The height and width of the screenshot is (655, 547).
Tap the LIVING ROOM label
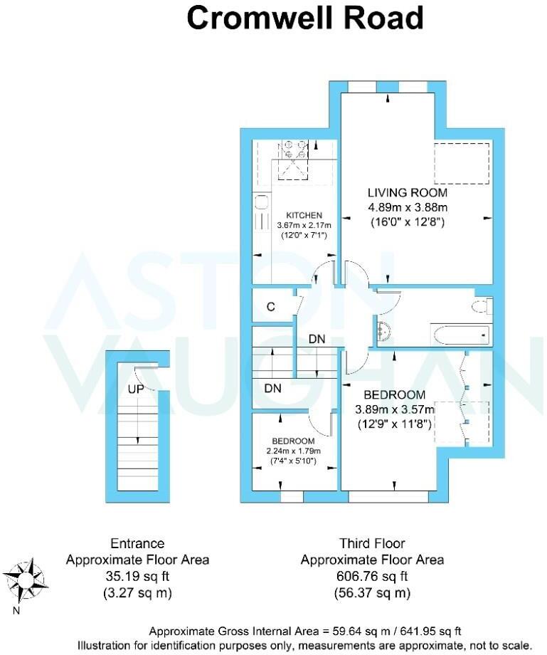(x=407, y=192)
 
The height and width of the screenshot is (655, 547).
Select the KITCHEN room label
(x=304, y=215)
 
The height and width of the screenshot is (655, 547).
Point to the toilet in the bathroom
(x=482, y=305)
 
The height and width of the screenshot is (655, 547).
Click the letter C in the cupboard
(x=270, y=307)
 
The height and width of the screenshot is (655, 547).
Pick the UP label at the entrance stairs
(x=137, y=389)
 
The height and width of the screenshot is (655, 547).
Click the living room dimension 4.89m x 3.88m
(x=407, y=207)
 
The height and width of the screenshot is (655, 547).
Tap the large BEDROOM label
(x=394, y=394)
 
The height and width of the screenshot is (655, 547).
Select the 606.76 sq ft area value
(x=372, y=576)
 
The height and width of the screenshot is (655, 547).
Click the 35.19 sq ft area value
(x=137, y=576)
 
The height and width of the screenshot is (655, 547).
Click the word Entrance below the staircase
(x=137, y=543)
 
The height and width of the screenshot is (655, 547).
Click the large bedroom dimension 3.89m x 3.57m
(x=395, y=409)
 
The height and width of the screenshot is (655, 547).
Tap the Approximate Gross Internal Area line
(x=304, y=631)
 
